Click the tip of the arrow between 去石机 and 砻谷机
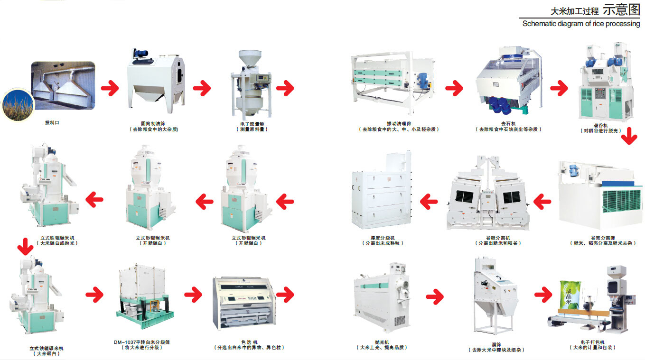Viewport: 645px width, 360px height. click(568, 88)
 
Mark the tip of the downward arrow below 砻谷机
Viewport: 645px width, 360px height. click(629, 145)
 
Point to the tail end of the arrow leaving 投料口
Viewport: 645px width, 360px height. click(102, 88)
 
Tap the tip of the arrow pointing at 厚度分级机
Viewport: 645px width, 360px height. click(420, 201)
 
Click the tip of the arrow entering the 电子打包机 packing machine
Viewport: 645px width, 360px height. click(552, 295)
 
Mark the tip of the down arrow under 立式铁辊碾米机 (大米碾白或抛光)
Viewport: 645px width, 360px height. click(25, 255)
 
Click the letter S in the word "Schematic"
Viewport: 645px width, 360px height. click(525, 24)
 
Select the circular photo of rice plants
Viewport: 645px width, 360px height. click(18, 104)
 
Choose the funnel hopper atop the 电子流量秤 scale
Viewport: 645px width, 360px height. click(250, 57)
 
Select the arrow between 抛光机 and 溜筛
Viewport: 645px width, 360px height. click(435, 296)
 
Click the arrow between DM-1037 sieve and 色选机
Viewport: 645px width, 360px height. click(194, 295)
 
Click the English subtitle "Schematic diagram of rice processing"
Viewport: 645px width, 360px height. click(581, 24)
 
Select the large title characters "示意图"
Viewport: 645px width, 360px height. click(621, 9)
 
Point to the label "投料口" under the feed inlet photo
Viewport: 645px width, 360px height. click(52, 122)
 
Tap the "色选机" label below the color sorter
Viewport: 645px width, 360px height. click(249, 342)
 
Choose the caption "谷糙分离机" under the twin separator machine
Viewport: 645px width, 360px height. click(498, 238)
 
